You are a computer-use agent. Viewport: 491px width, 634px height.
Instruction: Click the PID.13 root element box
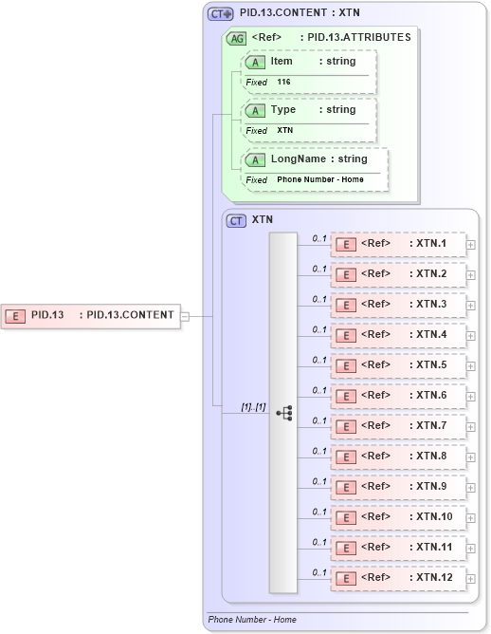90,315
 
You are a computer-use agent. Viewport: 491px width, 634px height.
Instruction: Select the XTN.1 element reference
398,244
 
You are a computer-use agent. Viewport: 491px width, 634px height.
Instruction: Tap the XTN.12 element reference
398,577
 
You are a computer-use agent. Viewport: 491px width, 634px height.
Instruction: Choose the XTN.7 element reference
398,425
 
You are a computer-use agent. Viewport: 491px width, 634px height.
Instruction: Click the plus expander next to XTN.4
471,336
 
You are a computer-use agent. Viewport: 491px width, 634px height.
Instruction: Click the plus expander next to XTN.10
471,518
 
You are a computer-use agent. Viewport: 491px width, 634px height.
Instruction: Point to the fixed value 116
283,83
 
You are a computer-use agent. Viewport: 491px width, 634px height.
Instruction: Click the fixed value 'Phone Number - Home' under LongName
319,179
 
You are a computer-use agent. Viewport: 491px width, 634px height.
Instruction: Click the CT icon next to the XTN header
236,219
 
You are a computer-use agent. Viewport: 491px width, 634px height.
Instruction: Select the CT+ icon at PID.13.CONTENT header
221,13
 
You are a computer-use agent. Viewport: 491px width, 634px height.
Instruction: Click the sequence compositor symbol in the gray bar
283,413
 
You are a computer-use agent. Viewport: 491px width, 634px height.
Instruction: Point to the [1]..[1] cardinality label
253,406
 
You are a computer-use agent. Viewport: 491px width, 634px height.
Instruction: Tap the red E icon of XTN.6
347,396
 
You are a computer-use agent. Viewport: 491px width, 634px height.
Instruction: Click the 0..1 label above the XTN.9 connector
319,480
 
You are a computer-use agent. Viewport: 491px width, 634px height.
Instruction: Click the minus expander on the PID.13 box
186,316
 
